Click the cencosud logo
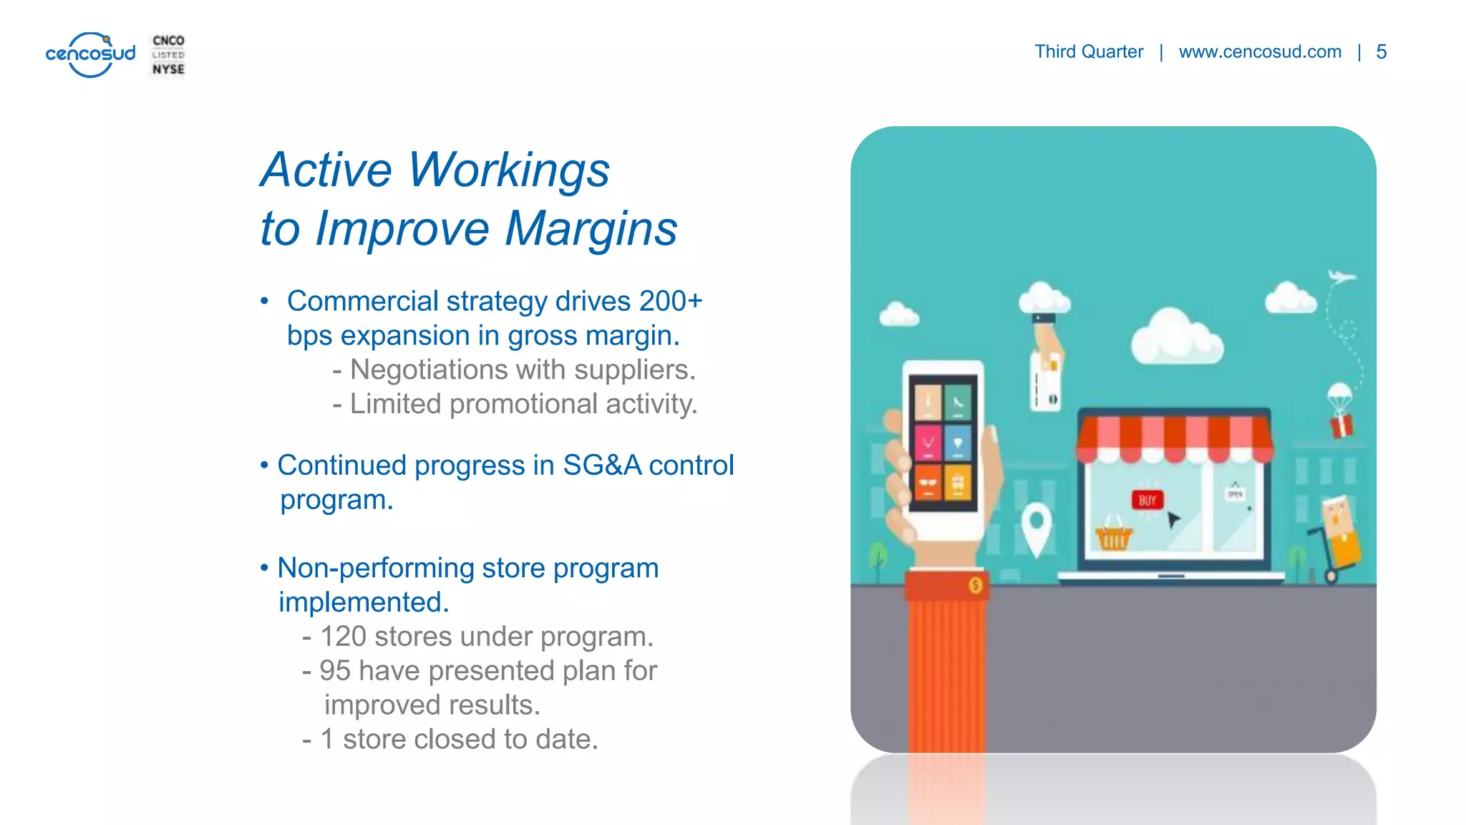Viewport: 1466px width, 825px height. coord(90,54)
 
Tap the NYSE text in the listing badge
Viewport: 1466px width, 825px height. coord(168,69)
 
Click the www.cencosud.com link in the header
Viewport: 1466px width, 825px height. coord(1260,52)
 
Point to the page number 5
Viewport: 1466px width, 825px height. coord(1381,52)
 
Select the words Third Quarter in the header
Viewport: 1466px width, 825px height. coord(1088,52)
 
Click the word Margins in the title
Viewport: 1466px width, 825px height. coord(591,229)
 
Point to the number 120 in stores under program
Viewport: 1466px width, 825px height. coord(343,637)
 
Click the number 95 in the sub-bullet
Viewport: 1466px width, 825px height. coord(334,671)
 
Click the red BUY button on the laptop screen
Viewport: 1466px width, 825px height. coord(1147,500)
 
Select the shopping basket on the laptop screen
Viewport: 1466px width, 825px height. coord(1114,536)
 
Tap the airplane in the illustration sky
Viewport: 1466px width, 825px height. coord(1341,276)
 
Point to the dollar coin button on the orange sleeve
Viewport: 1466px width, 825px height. coord(975,586)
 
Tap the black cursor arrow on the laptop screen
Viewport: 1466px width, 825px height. coord(1173,518)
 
